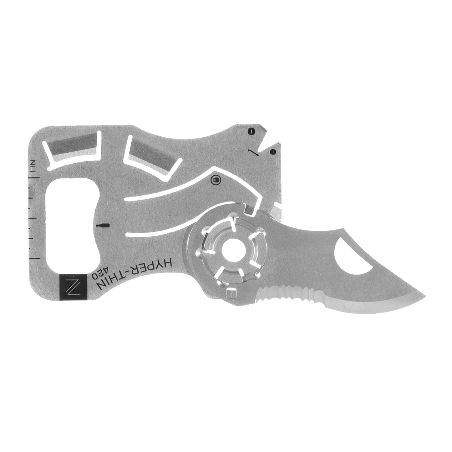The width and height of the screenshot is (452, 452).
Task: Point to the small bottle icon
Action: (103, 226)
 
